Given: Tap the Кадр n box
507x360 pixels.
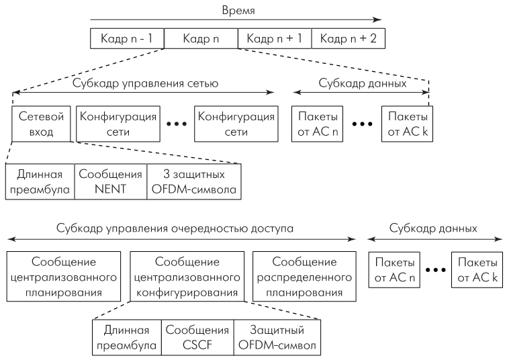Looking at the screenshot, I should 199,38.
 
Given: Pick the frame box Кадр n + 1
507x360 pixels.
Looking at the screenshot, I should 274,38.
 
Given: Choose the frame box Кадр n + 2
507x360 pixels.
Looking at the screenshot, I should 348,38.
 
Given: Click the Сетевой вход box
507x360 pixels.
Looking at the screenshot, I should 42,123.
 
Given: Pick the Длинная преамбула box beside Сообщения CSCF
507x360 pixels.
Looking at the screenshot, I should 127,336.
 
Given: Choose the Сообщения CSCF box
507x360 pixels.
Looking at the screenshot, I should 197,336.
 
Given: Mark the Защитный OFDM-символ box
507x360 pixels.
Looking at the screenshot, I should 277,336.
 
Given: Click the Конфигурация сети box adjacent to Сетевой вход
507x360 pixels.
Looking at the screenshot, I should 119,123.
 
